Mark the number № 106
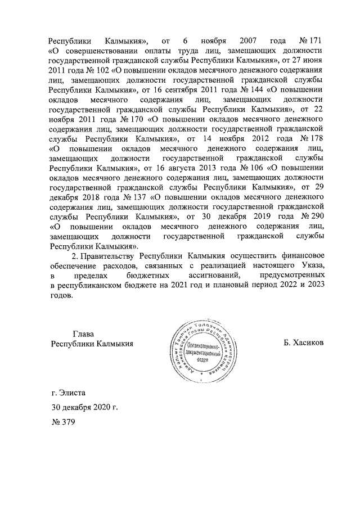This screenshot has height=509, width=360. coord(257,167)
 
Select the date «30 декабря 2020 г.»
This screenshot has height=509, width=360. coord(84,408)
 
